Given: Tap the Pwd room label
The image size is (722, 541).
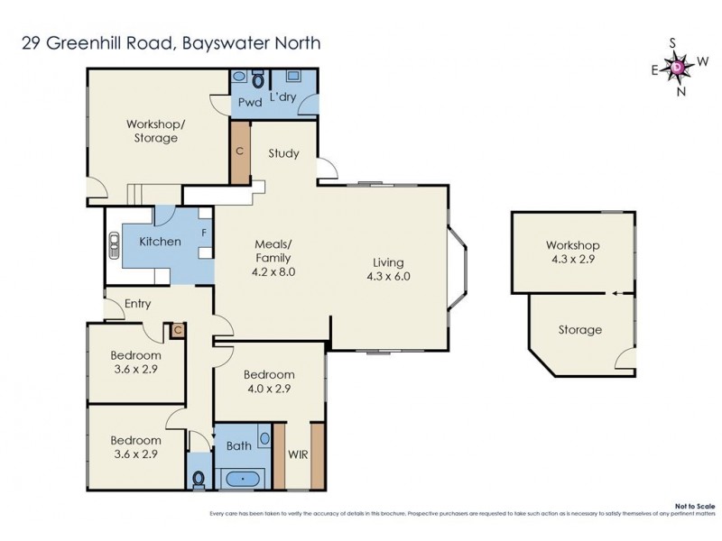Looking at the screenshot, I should click(249, 102).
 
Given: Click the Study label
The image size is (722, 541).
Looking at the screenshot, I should click(283, 153).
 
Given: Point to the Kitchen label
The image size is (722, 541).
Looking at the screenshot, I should click(160, 241).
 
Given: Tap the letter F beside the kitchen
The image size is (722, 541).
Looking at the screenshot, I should click(204, 233).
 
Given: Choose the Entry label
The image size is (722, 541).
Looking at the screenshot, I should click(137, 303).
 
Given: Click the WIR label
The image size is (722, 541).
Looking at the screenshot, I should click(297, 454).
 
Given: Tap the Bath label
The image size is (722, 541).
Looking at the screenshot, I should click(239, 445).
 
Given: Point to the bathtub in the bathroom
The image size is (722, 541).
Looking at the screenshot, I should click(243, 478).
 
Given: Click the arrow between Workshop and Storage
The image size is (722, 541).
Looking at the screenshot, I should click(615, 293).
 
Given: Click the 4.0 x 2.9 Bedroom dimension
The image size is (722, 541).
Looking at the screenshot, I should click(269, 389).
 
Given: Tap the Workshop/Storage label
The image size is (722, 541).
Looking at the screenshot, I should click(152, 131).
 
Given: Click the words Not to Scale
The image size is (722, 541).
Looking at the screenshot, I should click(696, 507).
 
